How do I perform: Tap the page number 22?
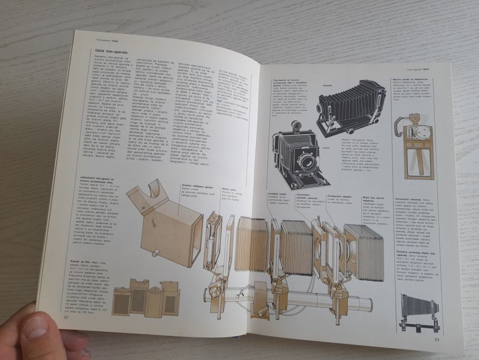(x=66, y=317)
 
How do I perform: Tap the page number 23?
(x=436, y=340)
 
